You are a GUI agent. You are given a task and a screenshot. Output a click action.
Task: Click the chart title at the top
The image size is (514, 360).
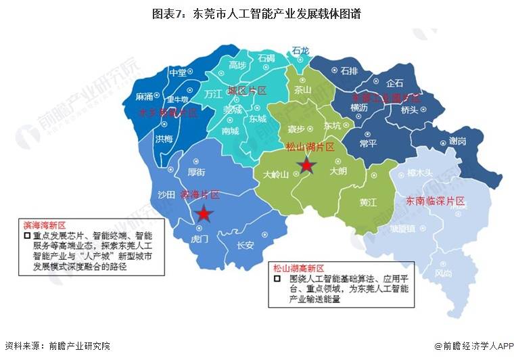(x=256, y=13)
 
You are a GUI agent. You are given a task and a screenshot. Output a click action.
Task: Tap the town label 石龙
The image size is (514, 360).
(x=301, y=50)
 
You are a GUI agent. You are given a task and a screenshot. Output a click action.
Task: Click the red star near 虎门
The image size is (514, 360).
(x=204, y=215)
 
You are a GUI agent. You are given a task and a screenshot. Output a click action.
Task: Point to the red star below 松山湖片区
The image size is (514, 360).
(x=307, y=165)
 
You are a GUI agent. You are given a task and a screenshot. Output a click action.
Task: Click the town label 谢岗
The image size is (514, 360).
(x=458, y=141)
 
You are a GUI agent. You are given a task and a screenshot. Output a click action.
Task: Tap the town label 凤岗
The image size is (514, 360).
(x=443, y=273)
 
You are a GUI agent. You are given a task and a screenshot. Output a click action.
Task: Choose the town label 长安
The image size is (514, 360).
(x=245, y=244)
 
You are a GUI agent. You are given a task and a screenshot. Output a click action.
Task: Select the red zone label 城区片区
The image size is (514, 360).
(x=247, y=90)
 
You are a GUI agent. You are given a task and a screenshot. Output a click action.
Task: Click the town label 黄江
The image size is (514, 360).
(x=369, y=202)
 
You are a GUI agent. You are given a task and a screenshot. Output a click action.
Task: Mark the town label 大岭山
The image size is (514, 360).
(x=276, y=174)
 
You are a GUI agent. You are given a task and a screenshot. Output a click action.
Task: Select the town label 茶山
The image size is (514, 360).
(x=304, y=89)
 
